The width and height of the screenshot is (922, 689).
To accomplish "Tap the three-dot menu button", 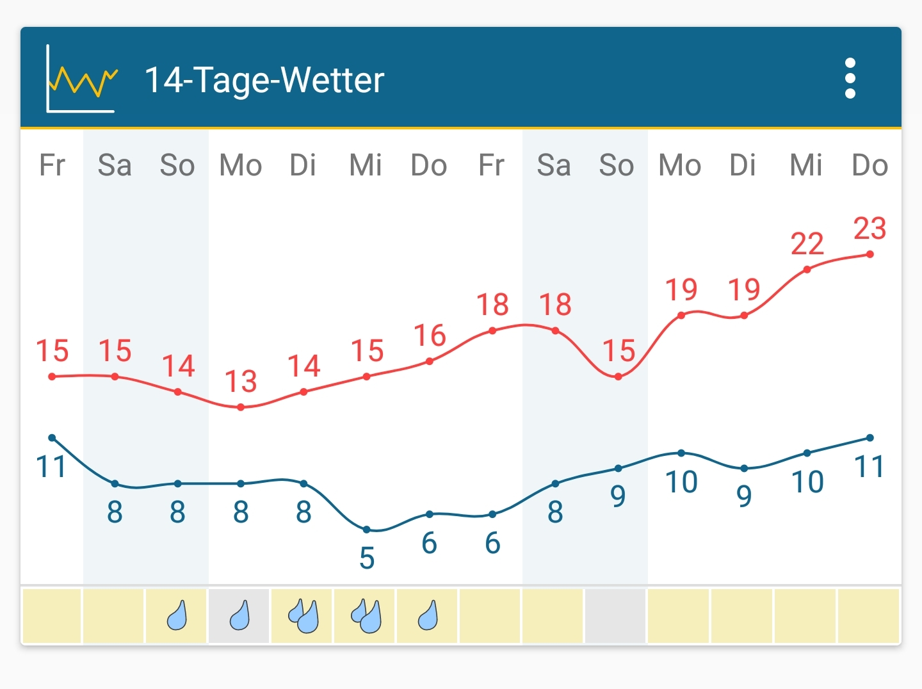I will [x=850, y=78].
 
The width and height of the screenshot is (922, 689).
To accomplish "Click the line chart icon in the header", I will [x=81, y=79].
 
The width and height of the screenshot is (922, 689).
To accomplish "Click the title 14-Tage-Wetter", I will [x=264, y=80].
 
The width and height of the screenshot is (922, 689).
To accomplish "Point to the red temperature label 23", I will [x=869, y=229].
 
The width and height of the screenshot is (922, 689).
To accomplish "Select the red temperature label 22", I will [x=807, y=244].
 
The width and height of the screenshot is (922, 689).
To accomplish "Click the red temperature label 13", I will [x=241, y=382].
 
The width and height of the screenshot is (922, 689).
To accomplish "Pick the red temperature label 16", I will [x=429, y=336].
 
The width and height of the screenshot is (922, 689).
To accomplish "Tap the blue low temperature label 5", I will [x=367, y=558].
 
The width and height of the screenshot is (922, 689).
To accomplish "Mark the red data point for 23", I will [x=869, y=254].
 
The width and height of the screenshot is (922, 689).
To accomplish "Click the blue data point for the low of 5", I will [x=367, y=530].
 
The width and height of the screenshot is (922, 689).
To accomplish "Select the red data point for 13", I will [x=241, y=407].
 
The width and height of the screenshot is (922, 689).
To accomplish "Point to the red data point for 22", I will [x=807, y=270].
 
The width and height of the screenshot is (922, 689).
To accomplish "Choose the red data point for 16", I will [x=429, y=361].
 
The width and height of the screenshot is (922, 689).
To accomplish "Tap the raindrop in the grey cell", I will [x=239, y=616].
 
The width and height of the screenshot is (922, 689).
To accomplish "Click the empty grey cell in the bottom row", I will [x=616, y=616].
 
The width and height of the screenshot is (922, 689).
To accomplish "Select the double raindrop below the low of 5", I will [x=366, y=616].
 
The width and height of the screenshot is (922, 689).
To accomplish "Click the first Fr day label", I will [x=52, y=165].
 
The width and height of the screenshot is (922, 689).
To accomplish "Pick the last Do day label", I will [x=869, y=165].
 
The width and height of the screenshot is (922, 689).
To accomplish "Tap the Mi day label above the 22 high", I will [x=806, y=165].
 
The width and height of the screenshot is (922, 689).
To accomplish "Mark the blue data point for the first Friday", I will [x=52, y=438].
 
